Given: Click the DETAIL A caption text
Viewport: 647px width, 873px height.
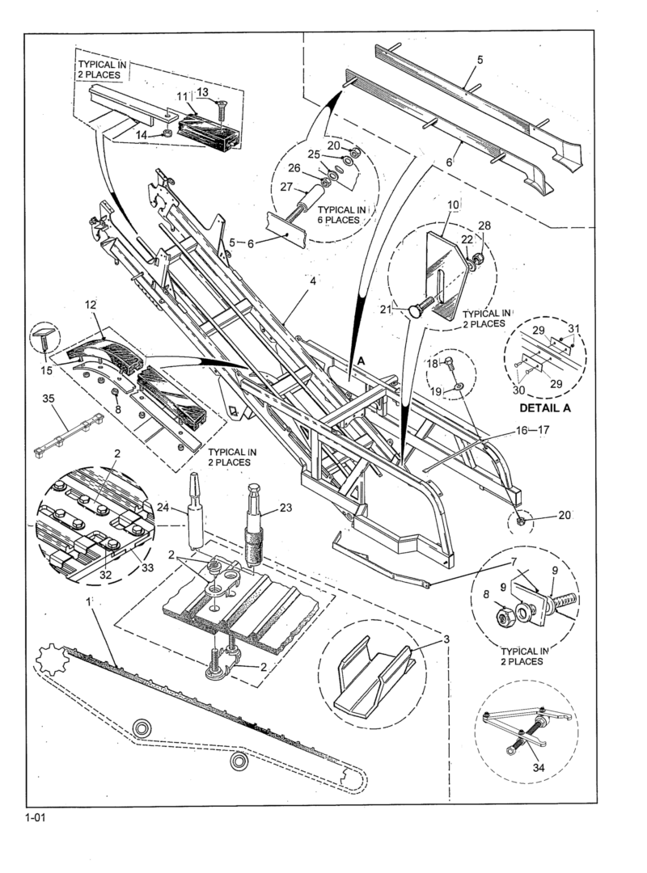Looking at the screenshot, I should [546, 407].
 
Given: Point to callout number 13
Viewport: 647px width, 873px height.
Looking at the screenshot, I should [201, 91].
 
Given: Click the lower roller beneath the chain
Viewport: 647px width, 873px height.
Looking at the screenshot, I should [239, 761].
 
